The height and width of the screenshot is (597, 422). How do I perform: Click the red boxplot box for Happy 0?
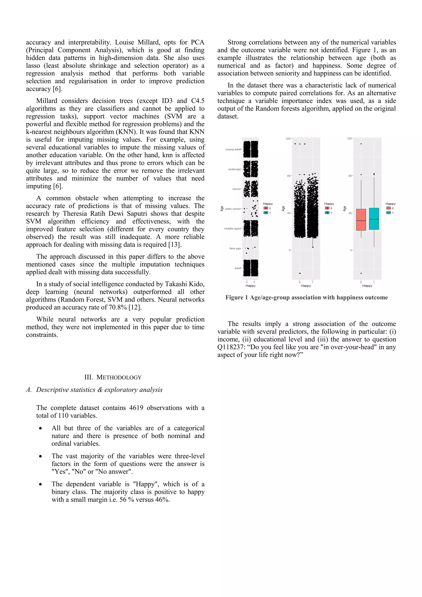point(361,220)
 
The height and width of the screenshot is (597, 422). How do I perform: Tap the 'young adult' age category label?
point(233,150)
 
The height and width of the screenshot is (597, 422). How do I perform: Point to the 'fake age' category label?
point(235,248)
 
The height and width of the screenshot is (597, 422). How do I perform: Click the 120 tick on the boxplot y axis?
point(349,139)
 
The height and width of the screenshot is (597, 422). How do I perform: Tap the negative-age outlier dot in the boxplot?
point(361,273)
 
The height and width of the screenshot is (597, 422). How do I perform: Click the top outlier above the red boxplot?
point(361,144)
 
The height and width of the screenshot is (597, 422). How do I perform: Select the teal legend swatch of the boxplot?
point(388,213)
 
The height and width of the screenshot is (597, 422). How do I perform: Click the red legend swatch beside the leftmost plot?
point(266,208)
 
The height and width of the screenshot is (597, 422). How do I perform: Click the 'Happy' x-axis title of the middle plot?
point(306,286)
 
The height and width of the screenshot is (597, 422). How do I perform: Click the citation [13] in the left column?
point(175,245)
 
